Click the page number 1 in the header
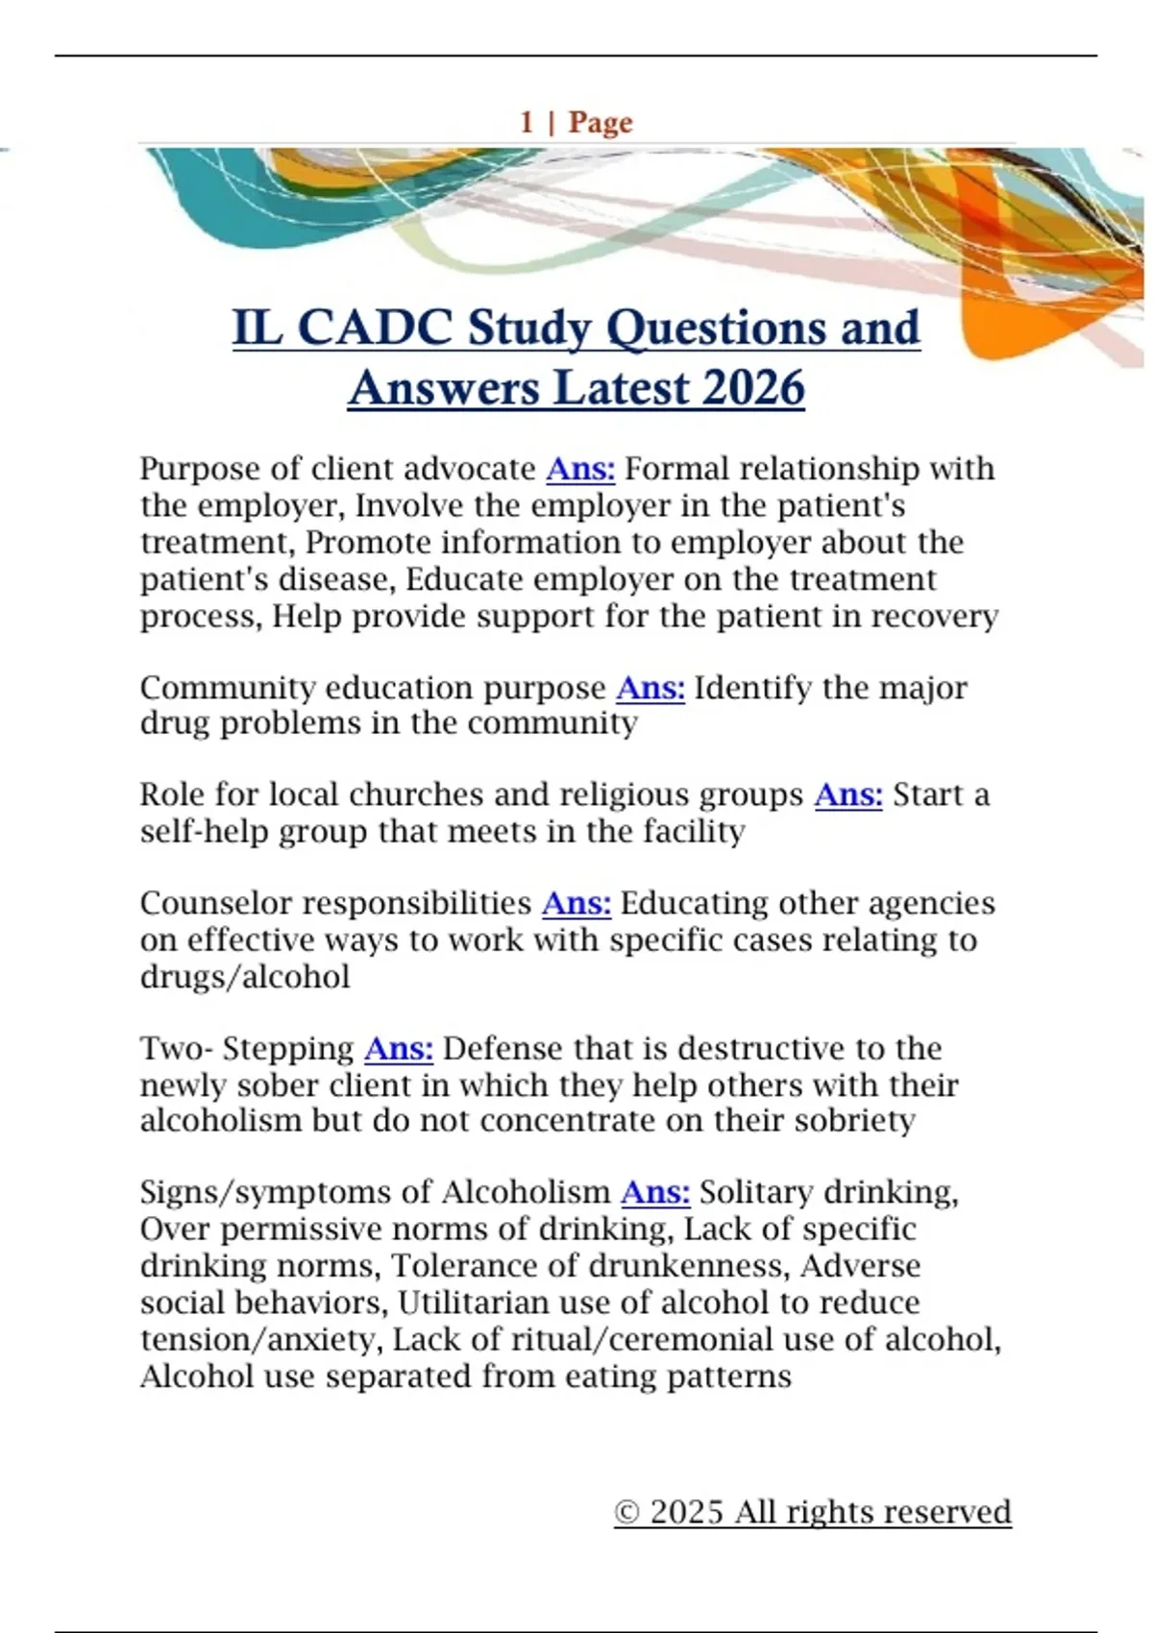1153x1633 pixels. (x=527, y=122)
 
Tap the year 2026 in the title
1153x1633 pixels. (x=753, y=388)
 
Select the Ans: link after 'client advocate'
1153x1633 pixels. (x=580, y=469)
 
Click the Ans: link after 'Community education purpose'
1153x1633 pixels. (x=650, y=688)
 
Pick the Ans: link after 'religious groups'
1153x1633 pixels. (x=848, y=795)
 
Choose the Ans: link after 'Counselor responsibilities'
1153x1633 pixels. (x=576, y=904)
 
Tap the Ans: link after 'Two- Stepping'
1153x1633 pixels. (x=399, y=1049)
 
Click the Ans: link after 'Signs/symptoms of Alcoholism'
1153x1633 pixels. (x=655, y=1192)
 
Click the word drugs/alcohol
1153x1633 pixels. (x=245, y=977)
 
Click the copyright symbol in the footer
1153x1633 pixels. (x=627, y=1512)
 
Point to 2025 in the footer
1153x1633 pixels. (x=686, y=1512)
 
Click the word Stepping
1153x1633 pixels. (x=288, y=1049)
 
